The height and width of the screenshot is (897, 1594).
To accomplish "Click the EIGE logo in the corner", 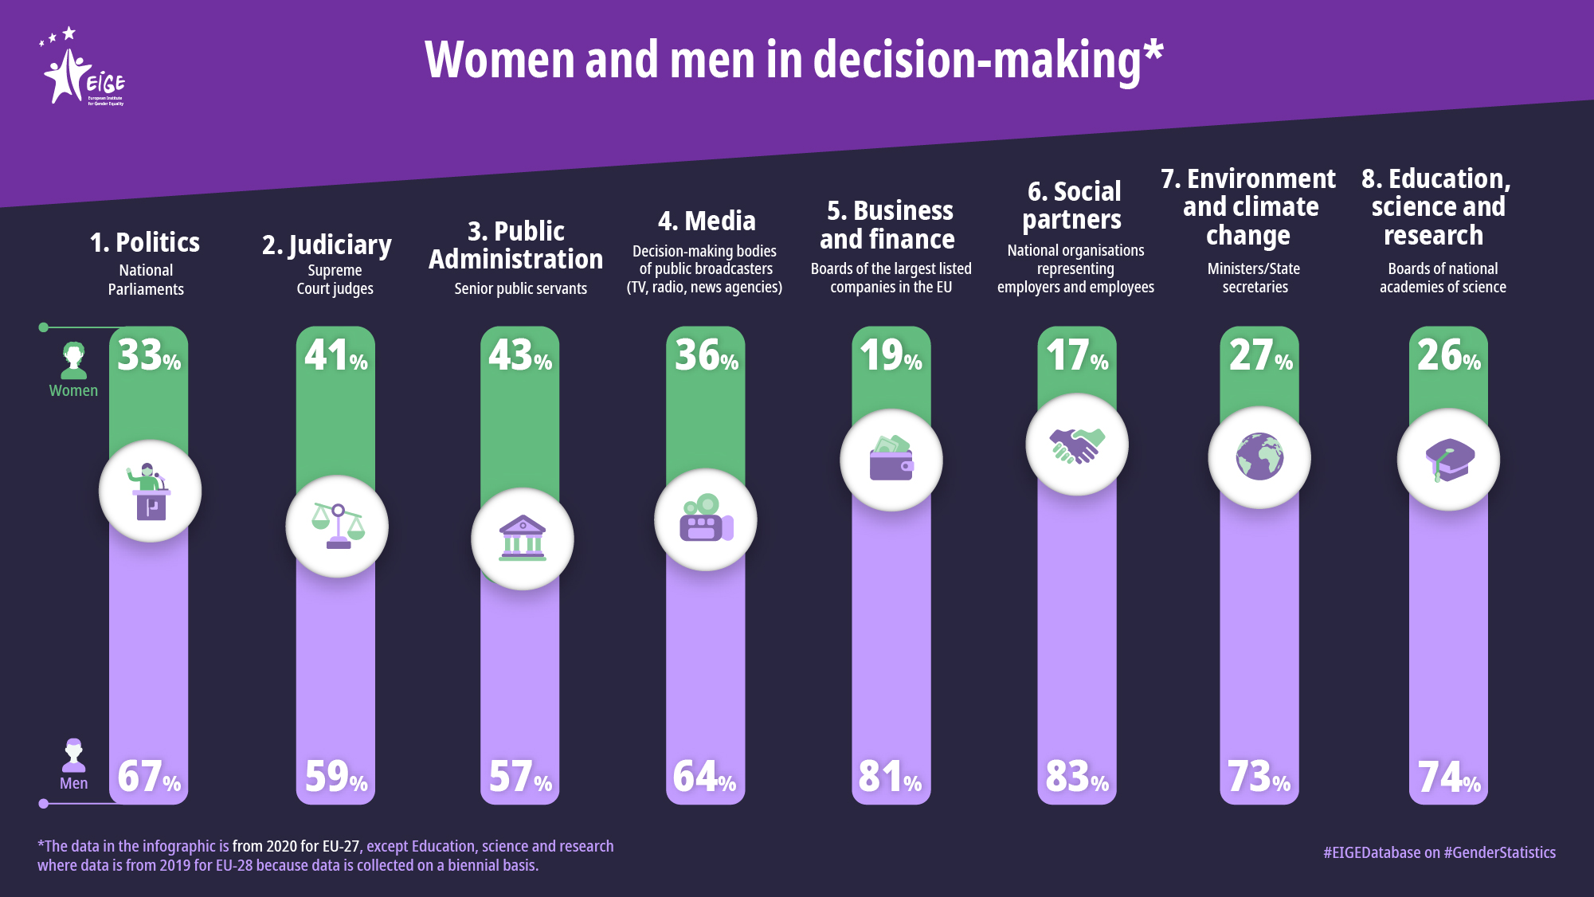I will click(83, 70).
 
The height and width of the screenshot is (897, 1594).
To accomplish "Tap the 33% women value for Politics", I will click(149, 355).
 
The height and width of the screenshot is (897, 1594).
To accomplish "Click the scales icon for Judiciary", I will click(337, 527).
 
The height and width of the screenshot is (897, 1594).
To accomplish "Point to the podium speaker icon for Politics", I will click(150, 492).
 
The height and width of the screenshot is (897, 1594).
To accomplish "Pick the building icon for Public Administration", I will click(523, 539).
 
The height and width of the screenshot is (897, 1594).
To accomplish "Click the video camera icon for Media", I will click(706, 519).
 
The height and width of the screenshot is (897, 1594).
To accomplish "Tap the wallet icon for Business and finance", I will click(891, 460).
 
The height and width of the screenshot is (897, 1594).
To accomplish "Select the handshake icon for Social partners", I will click(1077, 445).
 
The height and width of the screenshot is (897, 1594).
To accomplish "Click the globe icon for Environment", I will click(1259, 457).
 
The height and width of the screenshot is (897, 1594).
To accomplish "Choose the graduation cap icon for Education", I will click(1449, 460).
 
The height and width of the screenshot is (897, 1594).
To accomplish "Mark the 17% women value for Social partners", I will click(1077, 355).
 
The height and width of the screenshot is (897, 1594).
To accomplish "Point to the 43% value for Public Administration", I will click(520, 355).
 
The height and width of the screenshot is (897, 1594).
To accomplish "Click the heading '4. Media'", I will click(707, 221).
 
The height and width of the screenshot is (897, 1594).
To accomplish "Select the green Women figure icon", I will click(74, 360).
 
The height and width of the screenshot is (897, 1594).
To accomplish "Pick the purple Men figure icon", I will click(74, 755).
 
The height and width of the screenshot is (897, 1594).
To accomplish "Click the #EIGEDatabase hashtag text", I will click(1372, 852).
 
